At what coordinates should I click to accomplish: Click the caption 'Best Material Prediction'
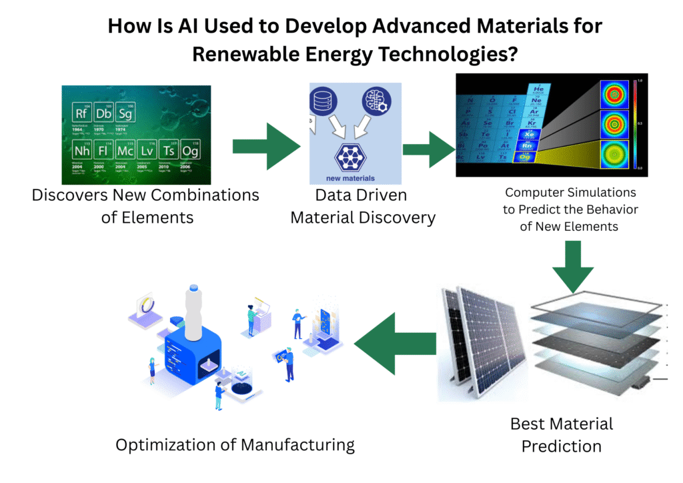tap(561, 434)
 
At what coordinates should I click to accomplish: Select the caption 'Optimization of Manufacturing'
tap(235, 445)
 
